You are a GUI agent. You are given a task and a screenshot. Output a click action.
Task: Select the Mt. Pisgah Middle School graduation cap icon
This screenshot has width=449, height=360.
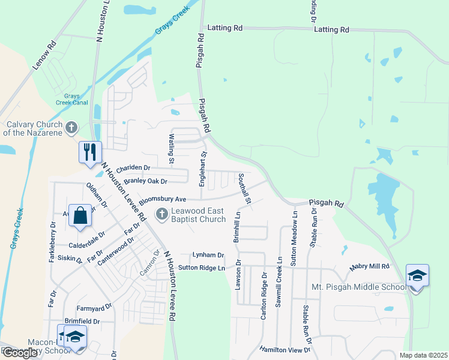(417, 275)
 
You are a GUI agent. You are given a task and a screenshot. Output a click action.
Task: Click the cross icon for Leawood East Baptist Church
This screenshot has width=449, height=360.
(161, 214)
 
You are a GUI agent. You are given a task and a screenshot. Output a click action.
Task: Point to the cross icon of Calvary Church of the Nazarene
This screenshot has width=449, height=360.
(71, 127)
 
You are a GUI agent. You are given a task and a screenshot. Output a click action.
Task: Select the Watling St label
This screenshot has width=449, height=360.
(170, 149)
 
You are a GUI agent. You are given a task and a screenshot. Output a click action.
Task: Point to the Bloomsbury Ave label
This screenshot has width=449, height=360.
(163, 199)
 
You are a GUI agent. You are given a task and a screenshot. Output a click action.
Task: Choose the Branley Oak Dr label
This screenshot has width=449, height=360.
(145, 181)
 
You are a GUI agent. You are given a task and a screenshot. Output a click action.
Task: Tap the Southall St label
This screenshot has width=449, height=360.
(243, 187)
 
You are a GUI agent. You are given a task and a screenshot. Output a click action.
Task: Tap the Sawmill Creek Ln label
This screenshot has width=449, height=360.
(279, 282)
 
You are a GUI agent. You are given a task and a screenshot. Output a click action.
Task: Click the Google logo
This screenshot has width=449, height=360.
(20, 353)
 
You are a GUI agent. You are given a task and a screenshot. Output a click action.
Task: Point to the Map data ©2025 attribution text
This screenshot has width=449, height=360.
(423, 355)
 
